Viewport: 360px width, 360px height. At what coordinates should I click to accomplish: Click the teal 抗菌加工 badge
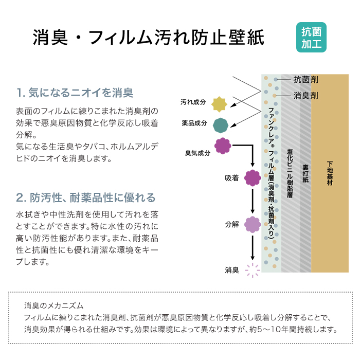(311, 37)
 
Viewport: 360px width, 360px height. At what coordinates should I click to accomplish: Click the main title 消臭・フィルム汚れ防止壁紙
(149, 38)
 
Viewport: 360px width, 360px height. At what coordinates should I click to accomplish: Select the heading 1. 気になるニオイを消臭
(75, 93)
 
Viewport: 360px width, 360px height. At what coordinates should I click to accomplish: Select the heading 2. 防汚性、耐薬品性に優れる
(86, 197)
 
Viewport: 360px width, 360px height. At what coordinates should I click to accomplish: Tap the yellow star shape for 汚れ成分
(219, 104)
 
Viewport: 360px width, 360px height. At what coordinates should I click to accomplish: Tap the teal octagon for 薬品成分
(221, 125)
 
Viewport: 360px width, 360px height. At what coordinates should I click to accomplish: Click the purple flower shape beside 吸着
(253, 178)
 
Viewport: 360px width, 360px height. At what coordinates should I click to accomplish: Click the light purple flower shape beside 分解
(253, 224)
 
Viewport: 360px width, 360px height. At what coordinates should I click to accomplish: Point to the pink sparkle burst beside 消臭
(253, 270)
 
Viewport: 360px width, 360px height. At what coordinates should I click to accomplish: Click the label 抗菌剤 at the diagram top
(306, 80)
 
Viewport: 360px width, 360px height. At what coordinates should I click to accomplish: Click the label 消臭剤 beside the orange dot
(306, 96)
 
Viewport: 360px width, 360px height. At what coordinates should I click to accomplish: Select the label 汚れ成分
(193, 102)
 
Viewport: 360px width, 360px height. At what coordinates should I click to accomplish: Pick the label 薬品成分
(194, 123)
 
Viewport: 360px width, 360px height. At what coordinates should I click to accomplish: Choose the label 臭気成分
(197, 153)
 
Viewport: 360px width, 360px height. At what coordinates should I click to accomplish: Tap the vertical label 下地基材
(330, 173)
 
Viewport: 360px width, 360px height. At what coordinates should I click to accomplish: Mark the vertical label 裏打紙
(305, 173)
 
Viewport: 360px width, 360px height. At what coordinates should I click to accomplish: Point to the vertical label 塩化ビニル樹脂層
(290, 173)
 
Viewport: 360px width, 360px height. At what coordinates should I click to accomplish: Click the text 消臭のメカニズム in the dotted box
(53, 306)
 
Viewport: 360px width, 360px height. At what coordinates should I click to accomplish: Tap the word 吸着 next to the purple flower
(232, 178)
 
